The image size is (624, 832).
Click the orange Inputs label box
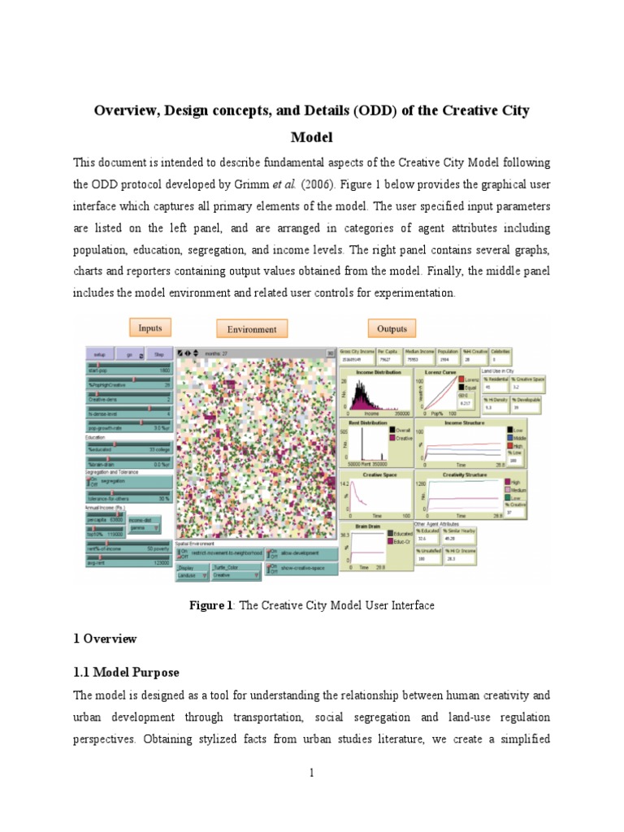pos(150,328)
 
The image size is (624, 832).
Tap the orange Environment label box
pos(253,329)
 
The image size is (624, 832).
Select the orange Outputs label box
pos(392,328)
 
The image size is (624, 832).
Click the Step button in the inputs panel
pos(158,355)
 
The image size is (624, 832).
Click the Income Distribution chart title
pos(375,371)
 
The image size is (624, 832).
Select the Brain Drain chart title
pos(370,526)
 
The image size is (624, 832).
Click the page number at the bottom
pos(311,773)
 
